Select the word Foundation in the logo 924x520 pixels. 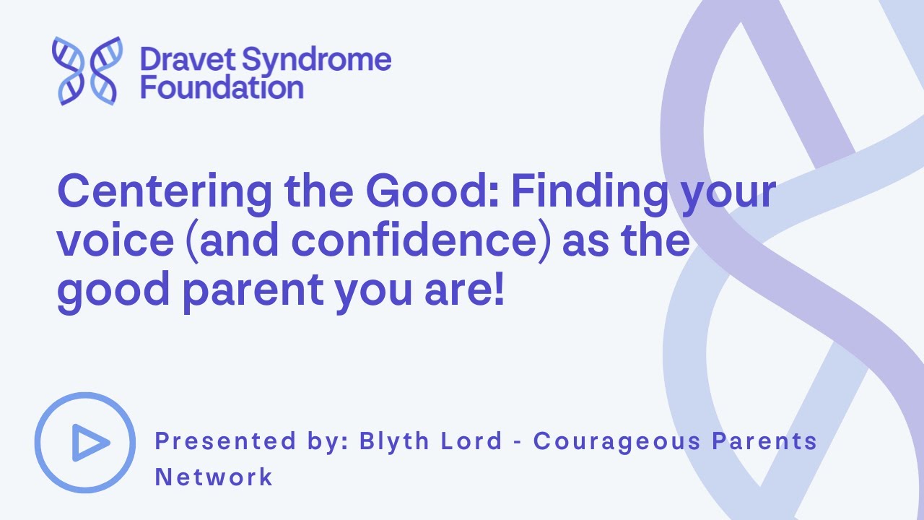pyautogui.click(x=222, y=87)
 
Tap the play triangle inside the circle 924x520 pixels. pyautogui.click(x=88, y=443)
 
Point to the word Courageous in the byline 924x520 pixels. pyautogui.click(x=617, y=441)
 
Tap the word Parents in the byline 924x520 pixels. pyautogui.click(x=765, y=441)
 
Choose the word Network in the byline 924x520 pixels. pyautogui.click(x=214, y=477)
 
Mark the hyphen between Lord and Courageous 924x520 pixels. pyautogui.click(x=517, y=441)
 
